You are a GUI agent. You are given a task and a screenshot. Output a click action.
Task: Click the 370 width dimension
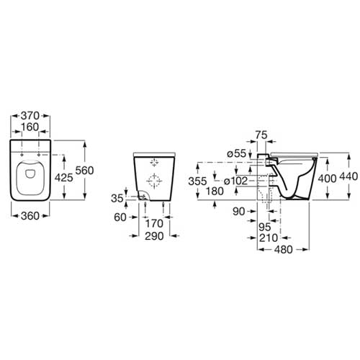coord(30,116)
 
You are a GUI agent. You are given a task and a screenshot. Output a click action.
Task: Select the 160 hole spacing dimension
coord(30,127)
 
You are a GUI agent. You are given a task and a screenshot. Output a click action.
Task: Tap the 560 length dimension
coord(84,171)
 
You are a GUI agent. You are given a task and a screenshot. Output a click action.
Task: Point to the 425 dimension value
coord(64,178)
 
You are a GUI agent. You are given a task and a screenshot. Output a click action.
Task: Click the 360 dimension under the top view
coord(30,216)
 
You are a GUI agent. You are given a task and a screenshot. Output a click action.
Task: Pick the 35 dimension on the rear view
coord(117,198)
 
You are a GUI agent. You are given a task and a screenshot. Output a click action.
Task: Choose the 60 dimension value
coord(120,217)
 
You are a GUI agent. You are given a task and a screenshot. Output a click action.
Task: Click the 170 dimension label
coord(154,224)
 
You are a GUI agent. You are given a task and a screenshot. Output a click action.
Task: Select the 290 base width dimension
coord(154,236)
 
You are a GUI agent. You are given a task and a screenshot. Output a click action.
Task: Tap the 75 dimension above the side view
coord(261,135)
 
